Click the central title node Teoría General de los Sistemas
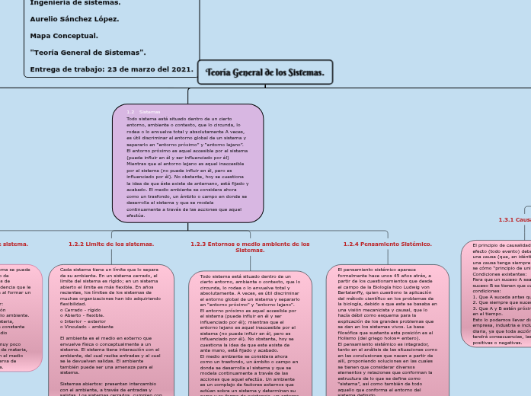point(265,72)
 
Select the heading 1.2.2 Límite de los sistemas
point(111,244)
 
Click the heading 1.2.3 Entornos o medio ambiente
point(250,247)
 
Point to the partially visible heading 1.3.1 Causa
point(514,219)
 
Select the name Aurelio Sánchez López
point(75,18)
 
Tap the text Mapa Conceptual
point(64,35)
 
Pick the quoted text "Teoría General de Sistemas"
point(88,52)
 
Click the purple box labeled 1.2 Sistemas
point(187,163)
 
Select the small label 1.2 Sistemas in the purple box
point(143,112)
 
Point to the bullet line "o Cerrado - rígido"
point(81,310)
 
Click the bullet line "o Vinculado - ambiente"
point(87,326)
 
